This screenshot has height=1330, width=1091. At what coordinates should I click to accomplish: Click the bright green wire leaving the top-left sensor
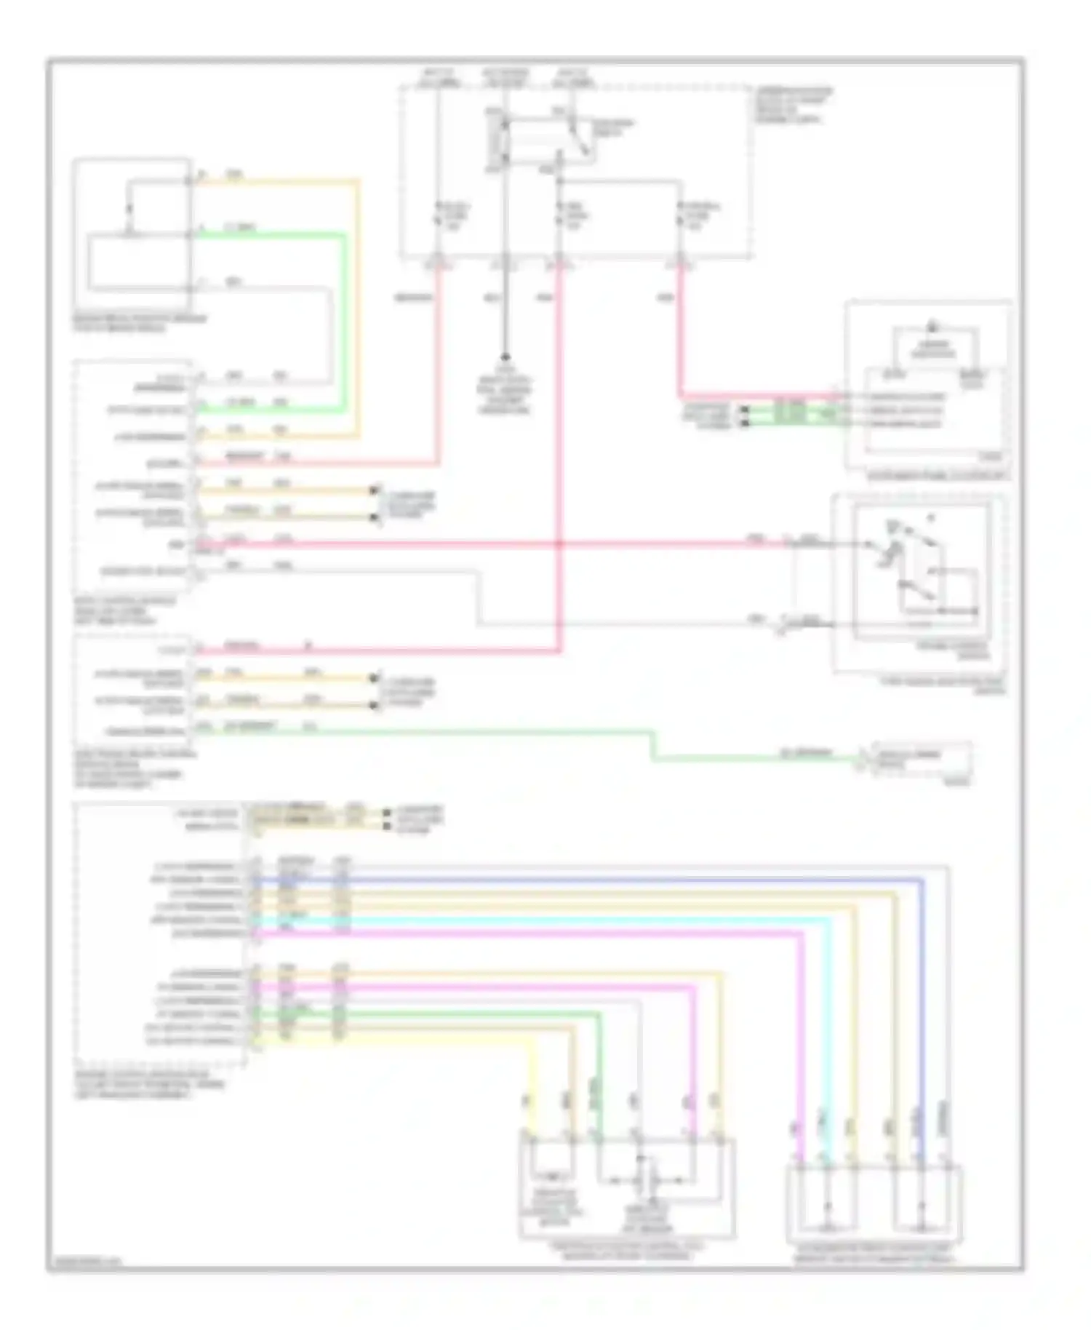click(x=276, y=235)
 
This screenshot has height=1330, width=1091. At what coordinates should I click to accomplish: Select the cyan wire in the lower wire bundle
click(x=582, y=920)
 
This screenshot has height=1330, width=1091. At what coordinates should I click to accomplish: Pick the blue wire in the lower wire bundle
click(x=582, y=880)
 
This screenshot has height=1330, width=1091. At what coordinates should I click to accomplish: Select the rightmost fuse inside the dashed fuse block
click(x=682, y=217)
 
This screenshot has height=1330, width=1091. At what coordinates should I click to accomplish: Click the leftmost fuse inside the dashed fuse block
click(x=438, y=217)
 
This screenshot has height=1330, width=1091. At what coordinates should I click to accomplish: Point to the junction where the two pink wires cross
click(x=559, y=543)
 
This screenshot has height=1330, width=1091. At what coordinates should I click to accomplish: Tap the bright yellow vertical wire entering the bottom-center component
click(x=532, y=1091)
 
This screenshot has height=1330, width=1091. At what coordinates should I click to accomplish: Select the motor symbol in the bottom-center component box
click(x=553, y=1176)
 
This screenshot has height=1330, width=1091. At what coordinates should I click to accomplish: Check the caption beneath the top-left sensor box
click(x=138, y=323)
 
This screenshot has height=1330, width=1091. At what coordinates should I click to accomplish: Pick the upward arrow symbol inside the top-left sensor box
click(x=130, y=209)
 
